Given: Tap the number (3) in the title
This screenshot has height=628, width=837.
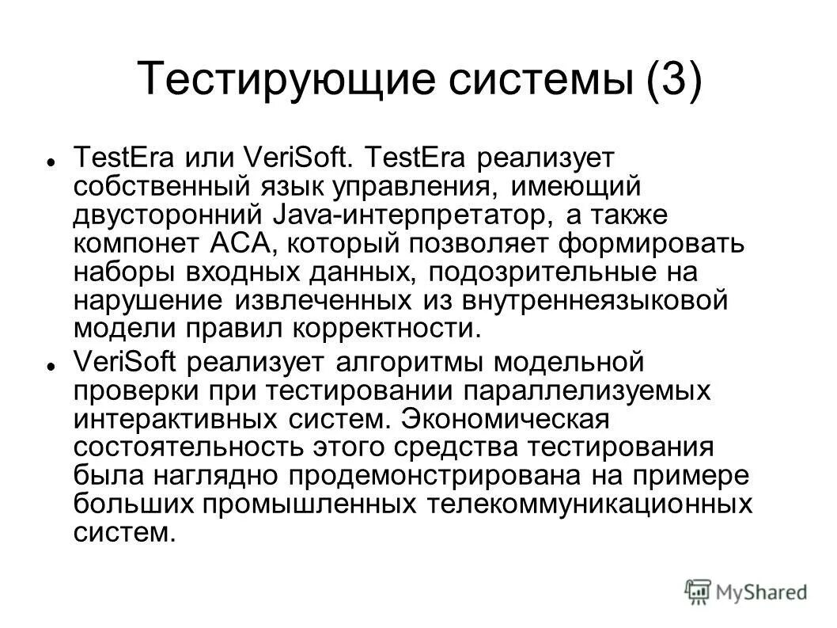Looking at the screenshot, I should point(672,81).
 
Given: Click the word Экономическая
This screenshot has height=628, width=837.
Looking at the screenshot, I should point(511,419).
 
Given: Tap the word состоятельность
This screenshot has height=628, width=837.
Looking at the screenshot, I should point(178,447).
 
